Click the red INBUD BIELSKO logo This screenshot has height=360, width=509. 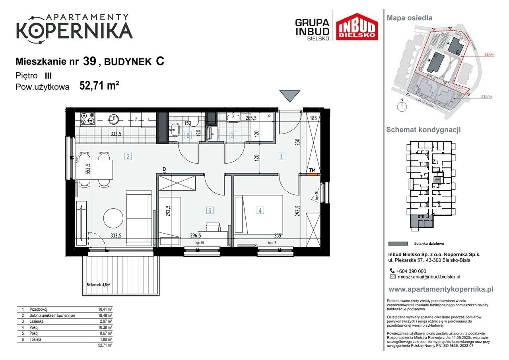click(357, 27)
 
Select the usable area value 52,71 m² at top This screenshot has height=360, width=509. click(99, 85)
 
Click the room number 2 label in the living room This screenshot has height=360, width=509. click(128, 156)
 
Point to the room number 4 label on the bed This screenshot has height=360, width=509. click(260, 210)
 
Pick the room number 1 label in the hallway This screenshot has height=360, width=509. click(281, 156)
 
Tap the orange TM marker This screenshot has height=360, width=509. click(313, 174)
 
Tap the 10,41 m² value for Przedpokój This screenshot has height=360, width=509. click(105, 309)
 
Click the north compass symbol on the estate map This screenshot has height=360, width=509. click(402, 105)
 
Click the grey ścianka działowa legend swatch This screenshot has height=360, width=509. click(398, 244)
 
